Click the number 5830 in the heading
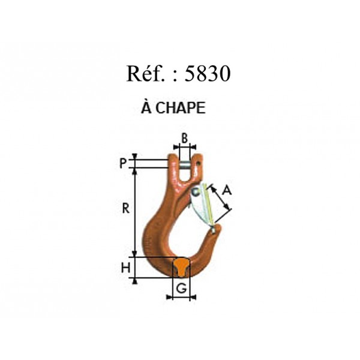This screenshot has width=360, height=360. [x=208, y=73]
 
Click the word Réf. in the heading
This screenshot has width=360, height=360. [x=146, y=73]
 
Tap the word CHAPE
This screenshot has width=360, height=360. [x=181, y=108]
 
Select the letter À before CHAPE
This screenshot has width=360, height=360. [x=146, y=107]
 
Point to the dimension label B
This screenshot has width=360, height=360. [x=185, y=139]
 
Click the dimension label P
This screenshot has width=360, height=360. [x=123, y=163]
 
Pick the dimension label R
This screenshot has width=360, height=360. [x=125, y=209]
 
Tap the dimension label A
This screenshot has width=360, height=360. [x=227, y=190]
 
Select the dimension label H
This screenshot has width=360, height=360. [x=125, y=268]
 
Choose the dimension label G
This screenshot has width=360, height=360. [x=182, y=289]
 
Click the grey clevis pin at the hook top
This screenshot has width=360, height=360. [x=185, y=166]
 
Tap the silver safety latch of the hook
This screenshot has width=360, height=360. [x=203, y=205]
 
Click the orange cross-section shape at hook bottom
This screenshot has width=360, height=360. [x=181, y=267]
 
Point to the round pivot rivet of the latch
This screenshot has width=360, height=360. [x=196, y=192]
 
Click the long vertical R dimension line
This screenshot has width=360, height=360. [x=135, y=212]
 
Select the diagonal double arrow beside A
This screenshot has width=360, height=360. [x=220, y=198]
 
